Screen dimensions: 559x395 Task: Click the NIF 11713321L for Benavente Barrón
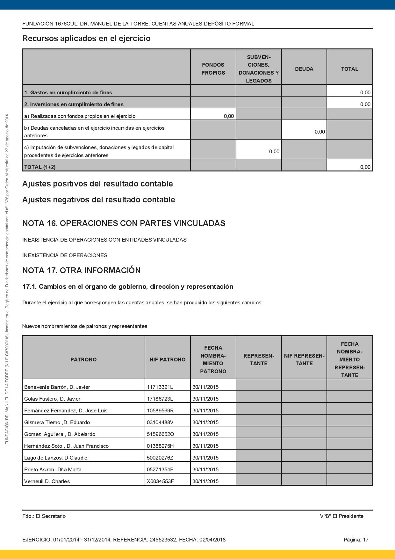pyautogui.click(x=160, y=387)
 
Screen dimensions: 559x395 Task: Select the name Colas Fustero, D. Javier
pyautogui.click(x=52, y=399)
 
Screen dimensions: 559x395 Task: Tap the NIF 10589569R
pyautogui.click(x=160, y=410)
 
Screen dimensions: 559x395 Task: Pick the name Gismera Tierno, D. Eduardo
pyautogui.click(x=57, y=422)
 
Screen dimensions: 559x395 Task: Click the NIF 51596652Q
pyautogui.click(x=161, y=434)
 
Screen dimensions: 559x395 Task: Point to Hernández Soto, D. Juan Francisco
pyautogui.click(x=66, y=446)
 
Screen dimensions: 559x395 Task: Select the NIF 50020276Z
pyautogui.click(x=160, y=458)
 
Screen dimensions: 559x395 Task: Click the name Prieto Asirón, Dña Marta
pyautogui.click(x=53, y=469)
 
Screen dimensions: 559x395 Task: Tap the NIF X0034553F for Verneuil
pyautogui.click(x=160, y=481)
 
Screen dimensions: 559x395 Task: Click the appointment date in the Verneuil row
pyautogui.click(x=205, y=481)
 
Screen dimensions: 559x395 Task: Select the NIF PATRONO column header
pyautogui.click(x=168, y=359)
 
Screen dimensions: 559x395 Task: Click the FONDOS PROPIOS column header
pyautogui.click(x=213, y=69)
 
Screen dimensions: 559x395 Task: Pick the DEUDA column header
pyautogui.click(x=304, y=69)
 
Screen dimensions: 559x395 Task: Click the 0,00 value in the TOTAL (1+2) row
pyautogui.click(x=365, y=167)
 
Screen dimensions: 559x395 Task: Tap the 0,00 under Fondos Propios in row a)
pyautogui.click(x=229, y=116)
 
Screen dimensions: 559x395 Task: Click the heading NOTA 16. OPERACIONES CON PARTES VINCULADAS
pyautogui.click(x=124, y=223)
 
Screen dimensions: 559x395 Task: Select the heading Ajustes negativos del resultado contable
pyautogui.click(x=99, y=200)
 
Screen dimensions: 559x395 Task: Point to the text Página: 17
pyautogui.click(x=356, y=540)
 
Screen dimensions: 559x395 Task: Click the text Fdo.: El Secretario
pyautogui.click(x=44, y=516)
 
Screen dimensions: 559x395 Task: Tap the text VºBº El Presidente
pyautogui.click(x=341, y=516)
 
